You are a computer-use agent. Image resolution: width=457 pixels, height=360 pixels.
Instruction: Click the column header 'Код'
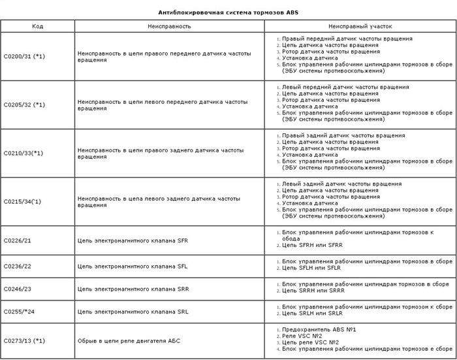click(38, 27)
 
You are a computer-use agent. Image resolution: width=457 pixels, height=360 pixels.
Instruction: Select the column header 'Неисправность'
click(169, 27)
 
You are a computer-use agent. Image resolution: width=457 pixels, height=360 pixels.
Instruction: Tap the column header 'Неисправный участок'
click(360, 27)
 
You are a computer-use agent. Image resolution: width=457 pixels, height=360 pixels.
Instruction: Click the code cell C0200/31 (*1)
click(24, 56)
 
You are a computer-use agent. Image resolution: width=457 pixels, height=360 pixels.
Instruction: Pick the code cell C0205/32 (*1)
click(24, 105)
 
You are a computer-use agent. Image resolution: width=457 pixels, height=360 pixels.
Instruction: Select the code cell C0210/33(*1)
click(24, 153)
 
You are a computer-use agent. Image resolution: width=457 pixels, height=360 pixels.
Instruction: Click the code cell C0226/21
click(18, 240)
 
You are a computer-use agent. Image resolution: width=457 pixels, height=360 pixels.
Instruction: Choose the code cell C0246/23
click(18, 289)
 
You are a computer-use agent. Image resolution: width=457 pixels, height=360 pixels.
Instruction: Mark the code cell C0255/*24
click(19, 312)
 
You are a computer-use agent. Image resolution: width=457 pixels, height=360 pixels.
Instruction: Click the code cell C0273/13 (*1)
click(24, 340)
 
